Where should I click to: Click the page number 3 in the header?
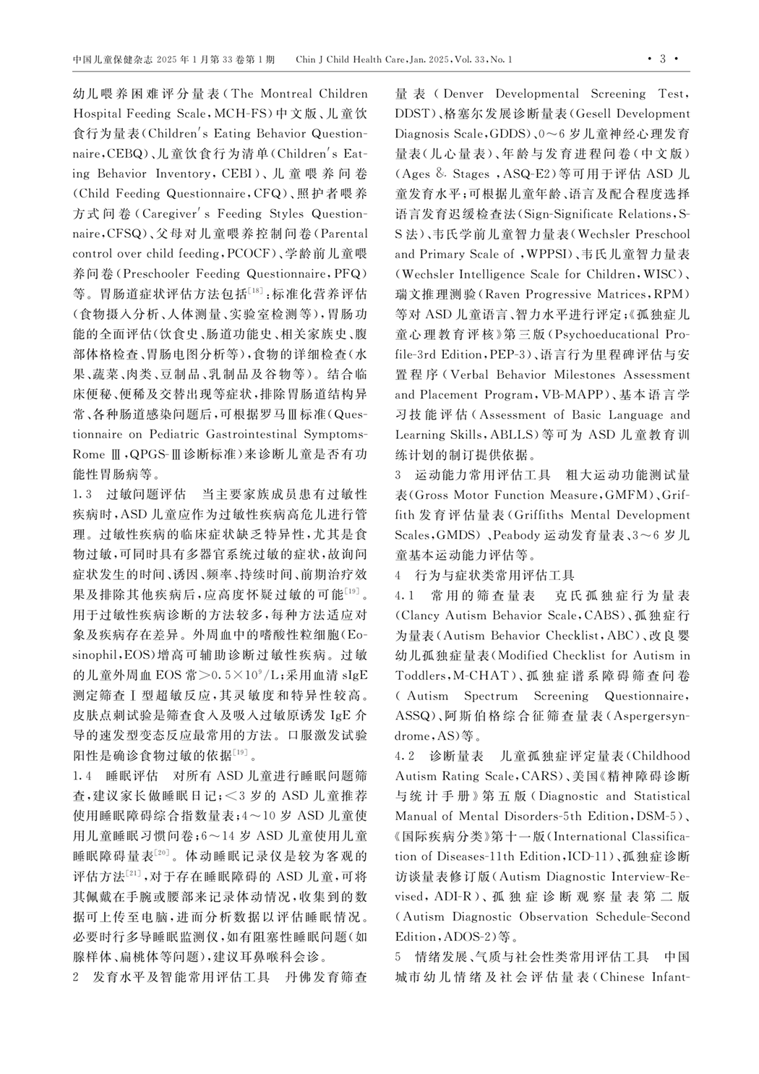pos(663,59)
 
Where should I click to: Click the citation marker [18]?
pos(256,291)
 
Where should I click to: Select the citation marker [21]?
pos(133,874)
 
